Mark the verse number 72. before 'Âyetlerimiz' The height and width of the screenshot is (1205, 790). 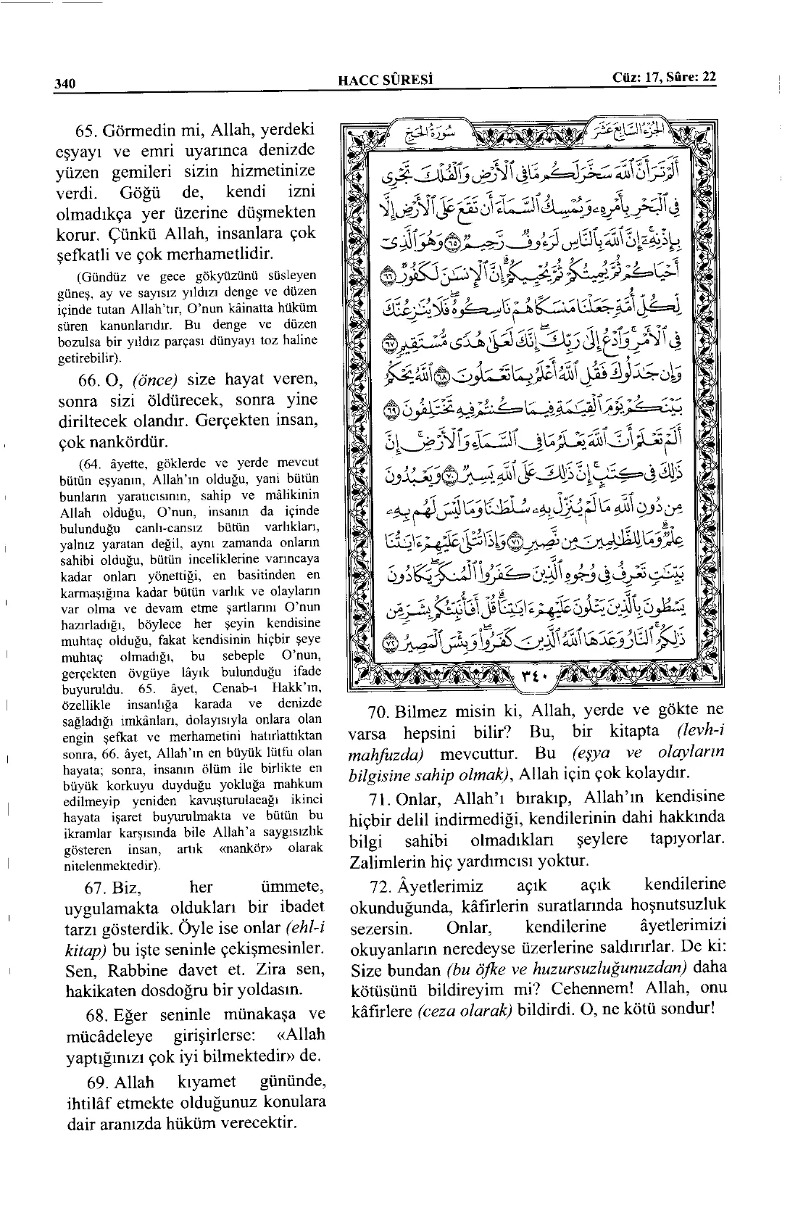(379, 886)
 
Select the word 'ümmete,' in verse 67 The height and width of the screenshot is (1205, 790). (290, 887)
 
